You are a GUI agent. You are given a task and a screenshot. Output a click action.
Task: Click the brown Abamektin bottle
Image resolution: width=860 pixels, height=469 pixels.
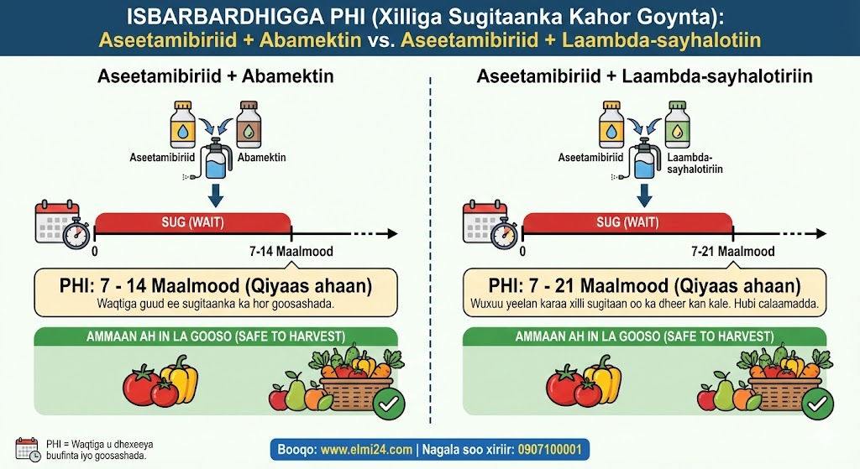[249, 124]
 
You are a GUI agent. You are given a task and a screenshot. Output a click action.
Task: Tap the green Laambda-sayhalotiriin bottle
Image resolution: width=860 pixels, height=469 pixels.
[678, 124]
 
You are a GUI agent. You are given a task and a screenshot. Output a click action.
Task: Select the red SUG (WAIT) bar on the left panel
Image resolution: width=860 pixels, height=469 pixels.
[192, 222]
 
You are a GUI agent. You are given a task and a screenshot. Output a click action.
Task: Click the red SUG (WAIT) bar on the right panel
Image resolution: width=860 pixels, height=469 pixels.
[627, 222]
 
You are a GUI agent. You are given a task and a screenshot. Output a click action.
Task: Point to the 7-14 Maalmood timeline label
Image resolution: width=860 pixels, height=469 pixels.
[291, 252]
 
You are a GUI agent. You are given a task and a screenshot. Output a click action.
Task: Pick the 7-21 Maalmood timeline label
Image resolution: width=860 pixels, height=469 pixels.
[732, 252]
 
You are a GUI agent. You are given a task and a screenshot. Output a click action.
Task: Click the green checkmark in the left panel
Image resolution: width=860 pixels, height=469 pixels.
[389, 404]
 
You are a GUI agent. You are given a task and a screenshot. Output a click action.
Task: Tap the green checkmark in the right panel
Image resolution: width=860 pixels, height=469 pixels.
[817, 404]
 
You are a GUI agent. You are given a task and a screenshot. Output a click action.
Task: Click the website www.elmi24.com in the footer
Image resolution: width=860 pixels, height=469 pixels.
[366, 450]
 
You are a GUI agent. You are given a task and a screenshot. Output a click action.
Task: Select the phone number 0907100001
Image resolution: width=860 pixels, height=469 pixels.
[549, 450]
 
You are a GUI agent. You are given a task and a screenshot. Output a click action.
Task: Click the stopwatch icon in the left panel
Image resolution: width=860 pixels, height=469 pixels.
[76, 234]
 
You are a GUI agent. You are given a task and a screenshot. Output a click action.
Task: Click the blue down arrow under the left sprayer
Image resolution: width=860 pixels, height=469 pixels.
[216, 195]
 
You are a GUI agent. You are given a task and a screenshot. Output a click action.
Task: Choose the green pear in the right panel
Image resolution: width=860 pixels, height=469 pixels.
[723, 391]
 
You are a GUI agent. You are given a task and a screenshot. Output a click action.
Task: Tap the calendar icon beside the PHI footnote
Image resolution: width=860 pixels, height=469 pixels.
[28, 449]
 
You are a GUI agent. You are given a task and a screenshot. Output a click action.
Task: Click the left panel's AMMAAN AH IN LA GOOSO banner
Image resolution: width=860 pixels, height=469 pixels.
[216, 336]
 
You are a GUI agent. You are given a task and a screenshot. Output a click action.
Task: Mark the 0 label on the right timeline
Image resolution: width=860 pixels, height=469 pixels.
[522, 252]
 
